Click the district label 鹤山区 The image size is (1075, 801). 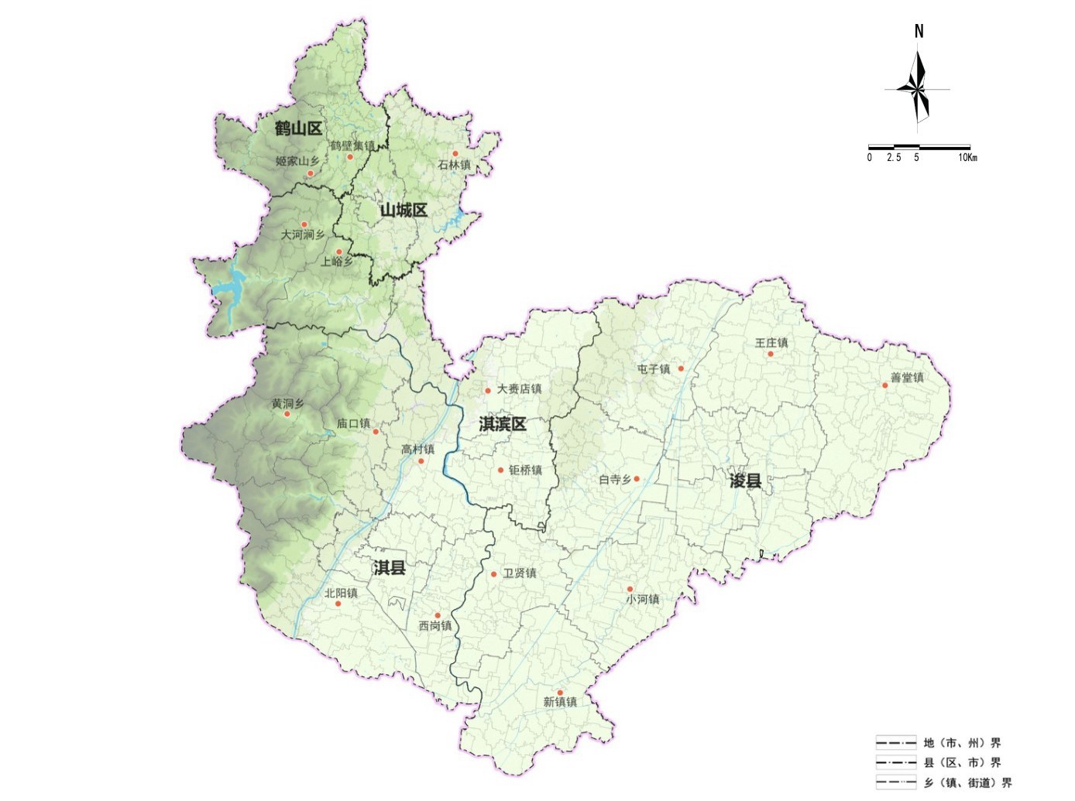pyautogui.click(x=298, y=128)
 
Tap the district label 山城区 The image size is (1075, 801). pyautogui.click(x=403, y=210)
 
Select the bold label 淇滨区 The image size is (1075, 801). pyautogui.click(x=502, y=424)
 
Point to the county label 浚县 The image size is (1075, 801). pyautogui.click(x=745, y=481)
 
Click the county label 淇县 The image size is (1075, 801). pyautogui.click(x=389, y=568)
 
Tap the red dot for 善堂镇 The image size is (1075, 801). pyautogui.click(x=884, y=385)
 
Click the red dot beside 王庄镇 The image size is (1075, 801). pyautogui.click(x=771, y=354)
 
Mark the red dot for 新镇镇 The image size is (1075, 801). pyautogui.click(x=560, y=692)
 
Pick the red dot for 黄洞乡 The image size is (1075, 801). pyautogui.click(x=287, y=414)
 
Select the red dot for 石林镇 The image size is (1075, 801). pyautogui.click(x=455, y=153)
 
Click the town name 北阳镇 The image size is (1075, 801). pyautogui.click(x=341, y=594)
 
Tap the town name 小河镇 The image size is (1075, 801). pyautogui.click(x=643, y=599)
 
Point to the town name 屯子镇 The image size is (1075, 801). pyautogui.click(x=653, y=369)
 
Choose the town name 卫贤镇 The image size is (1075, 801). pyautogui.click(x=520, y=573)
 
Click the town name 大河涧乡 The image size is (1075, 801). pyautogui.click(x=303, y=234)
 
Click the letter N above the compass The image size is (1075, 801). pyautogui.click(x=919, y=32)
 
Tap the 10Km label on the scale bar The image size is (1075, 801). pyautogui.click(x=967, y=158)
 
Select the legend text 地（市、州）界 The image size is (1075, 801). pyautogui.click(x=962, y=743)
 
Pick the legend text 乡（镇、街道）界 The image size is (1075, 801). pyautogui.click(x=967, y=783)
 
